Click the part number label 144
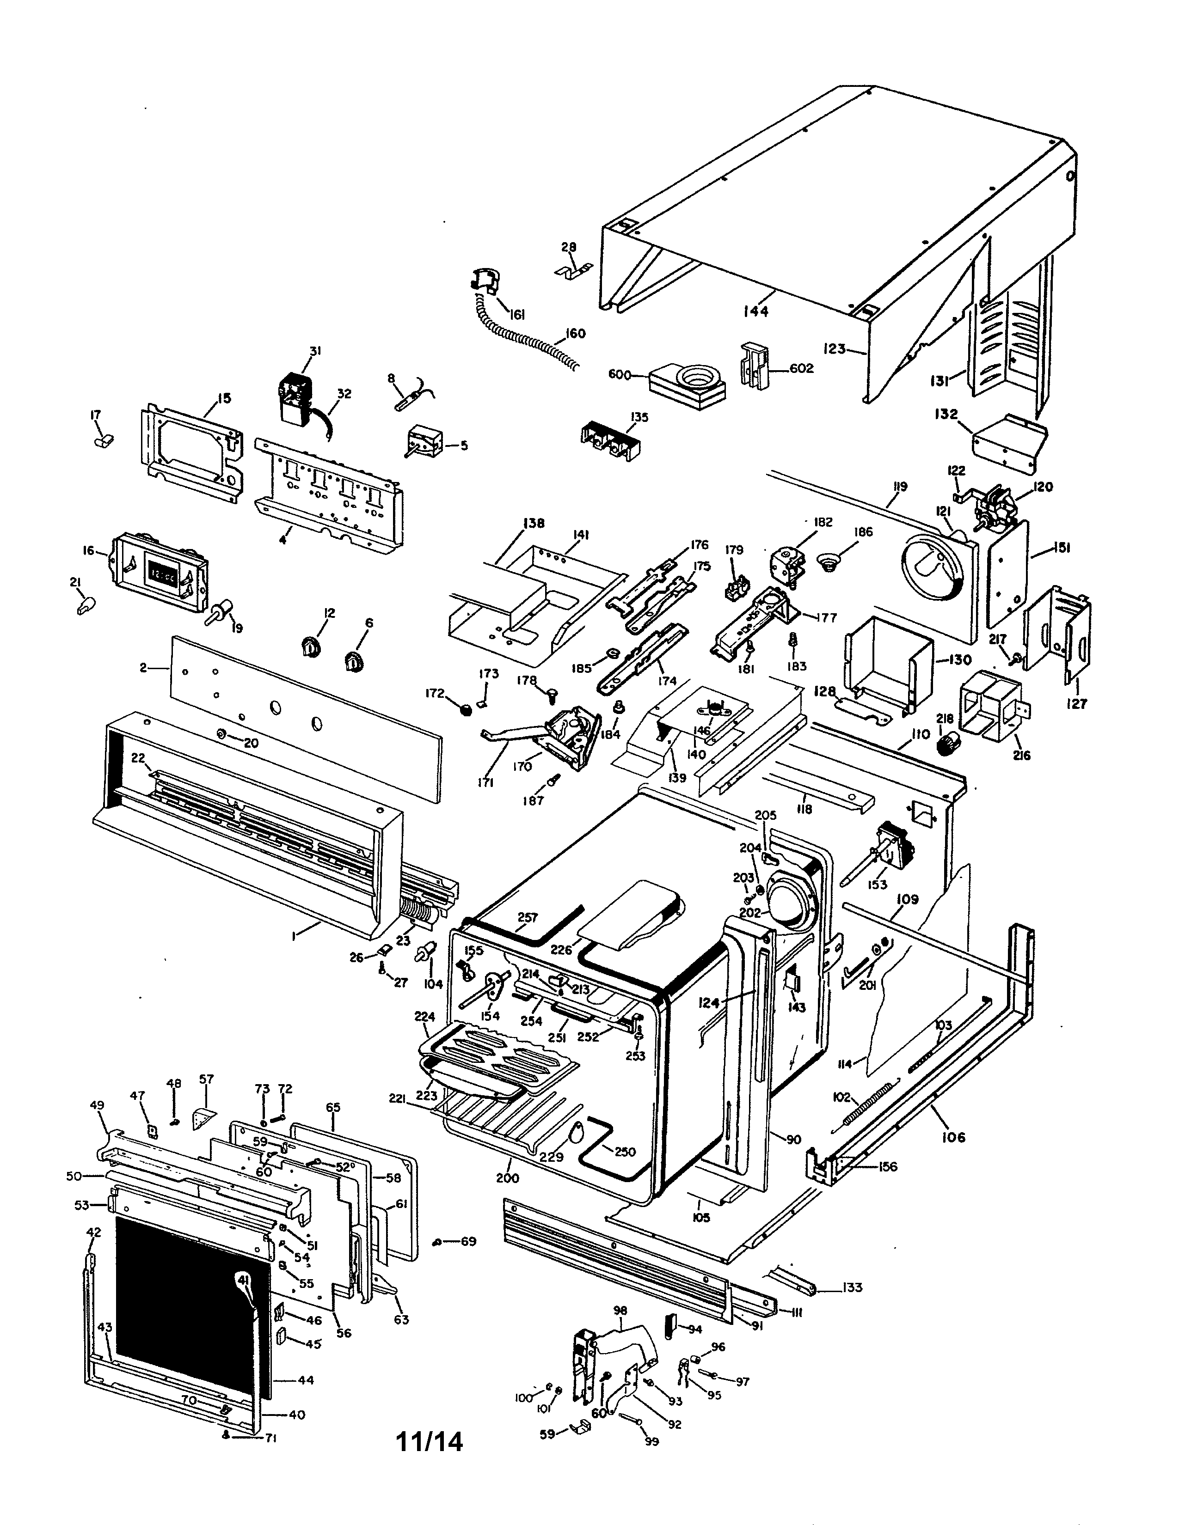click(756, 311)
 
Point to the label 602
click(801, 368)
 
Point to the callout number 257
click(528, 917)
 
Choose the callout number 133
click(852, 1287)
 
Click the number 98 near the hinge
click(620, 1311)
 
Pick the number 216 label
click(1020, 755)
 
